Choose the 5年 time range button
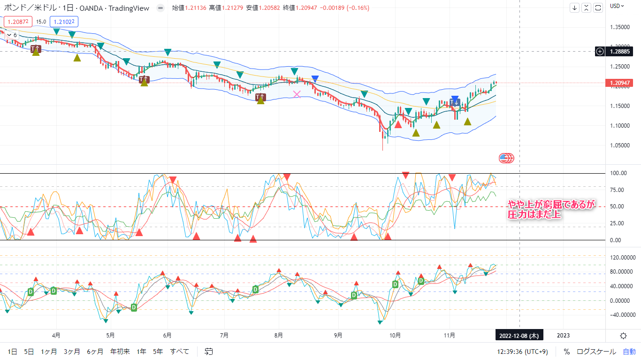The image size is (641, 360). pyautogui.click(x=158, y=351)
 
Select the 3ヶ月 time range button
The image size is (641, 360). pyautogui.click(x=72, y=351)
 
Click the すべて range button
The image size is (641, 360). pyautogui.click(x=180, y=351)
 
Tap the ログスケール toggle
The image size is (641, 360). pyautogui.click(x=596, y=351)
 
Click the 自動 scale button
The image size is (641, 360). pyautogui.click(x=629, y=351)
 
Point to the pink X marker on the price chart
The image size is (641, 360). pyautogui.click(x=297, y=94)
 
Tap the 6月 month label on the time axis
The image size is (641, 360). pyautogui.click(x=167, y=335)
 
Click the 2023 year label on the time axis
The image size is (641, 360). pyautogui.click(x=563, y=335)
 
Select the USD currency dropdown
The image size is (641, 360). pyautogui.click(x=617, y=6)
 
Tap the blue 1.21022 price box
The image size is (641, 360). pyautogui.click(x=63, y=21)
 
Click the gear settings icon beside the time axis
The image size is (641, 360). pyautogui.click(x=623, y=335)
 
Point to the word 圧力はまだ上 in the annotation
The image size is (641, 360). pyautogui.click(x=534, y=214)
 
